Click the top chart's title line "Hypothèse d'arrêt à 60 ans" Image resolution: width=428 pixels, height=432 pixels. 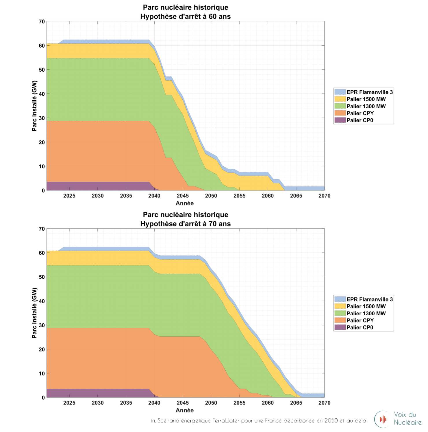click(185, 16)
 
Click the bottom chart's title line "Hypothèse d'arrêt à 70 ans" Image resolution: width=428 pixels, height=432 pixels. click(185, 224)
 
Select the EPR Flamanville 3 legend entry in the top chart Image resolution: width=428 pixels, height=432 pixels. click(369, 92)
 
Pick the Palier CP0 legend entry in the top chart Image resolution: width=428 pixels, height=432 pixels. click(360, 120)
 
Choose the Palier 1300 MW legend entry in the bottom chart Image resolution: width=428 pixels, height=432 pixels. click(366, 313)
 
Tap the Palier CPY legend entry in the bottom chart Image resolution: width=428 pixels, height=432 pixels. click(360, 321)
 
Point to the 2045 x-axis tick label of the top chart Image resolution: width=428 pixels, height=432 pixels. click(183, 196)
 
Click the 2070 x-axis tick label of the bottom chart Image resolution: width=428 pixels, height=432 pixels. click(324, 403)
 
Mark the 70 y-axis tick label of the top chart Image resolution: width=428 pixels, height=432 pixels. click(42, 22)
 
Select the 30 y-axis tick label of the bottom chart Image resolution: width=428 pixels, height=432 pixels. click(42, 325)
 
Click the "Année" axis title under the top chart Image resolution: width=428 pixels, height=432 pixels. click(185, 203)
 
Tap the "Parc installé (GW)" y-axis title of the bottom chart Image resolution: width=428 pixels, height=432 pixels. click(35, 313)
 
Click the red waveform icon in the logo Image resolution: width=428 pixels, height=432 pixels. click(383, 419)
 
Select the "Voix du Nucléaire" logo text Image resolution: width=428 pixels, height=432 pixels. click(407, 418)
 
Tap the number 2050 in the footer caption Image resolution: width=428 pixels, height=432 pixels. click(331, 421)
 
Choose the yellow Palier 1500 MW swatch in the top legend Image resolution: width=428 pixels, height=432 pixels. click(340, 99)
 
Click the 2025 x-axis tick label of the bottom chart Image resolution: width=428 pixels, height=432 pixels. click(69, 403)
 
